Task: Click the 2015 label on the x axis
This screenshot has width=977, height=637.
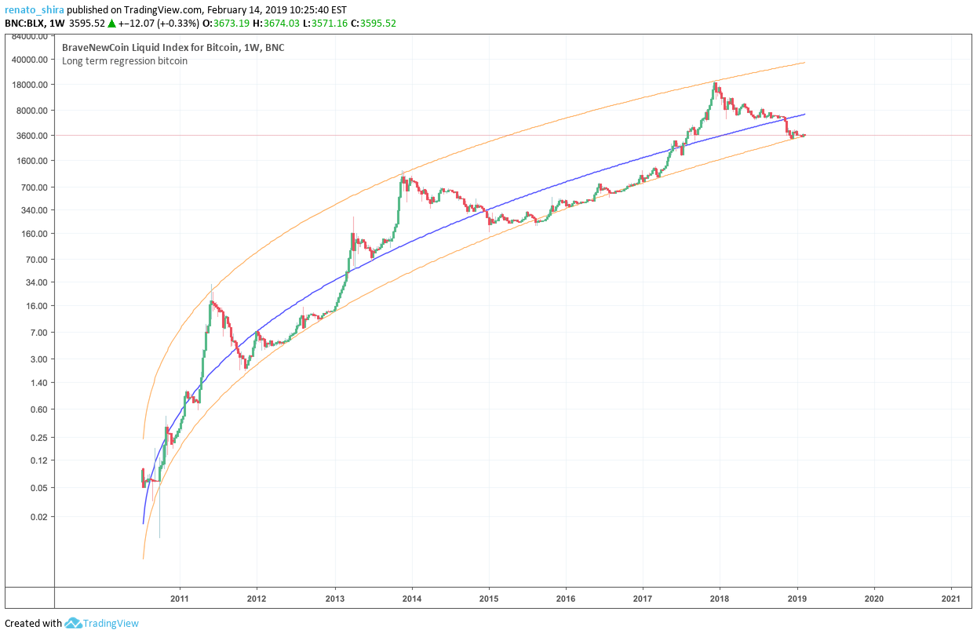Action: point(488,597)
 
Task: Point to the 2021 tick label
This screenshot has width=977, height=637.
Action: point(951,597)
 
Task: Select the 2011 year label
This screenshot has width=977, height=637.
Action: point(180,597)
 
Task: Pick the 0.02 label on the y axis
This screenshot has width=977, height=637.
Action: point(41,517)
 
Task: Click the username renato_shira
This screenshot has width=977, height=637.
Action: point(33,10)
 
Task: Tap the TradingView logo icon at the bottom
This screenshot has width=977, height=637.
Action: point(74,624)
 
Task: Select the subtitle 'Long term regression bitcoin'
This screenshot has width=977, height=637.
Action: point(125,61)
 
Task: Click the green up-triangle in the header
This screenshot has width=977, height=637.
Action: point(111,24)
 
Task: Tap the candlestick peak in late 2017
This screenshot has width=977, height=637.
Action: point(715,83)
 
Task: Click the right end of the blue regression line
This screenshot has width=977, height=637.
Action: point(804,115)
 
